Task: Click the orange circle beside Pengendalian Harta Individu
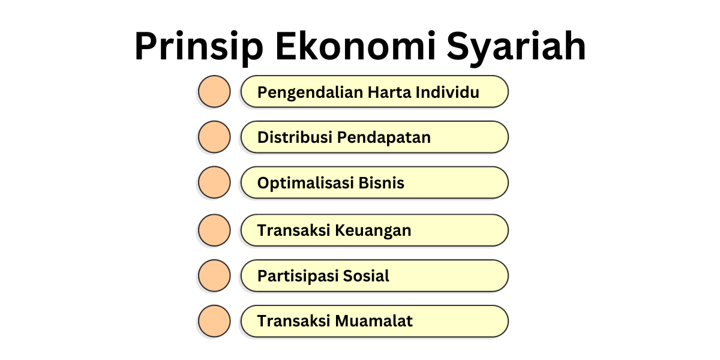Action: [x=214, y=91]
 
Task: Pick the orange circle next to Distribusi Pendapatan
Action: [x=214, y=137]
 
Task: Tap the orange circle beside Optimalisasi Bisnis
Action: [x=214, y=182]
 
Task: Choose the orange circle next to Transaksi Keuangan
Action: [x=214, y=230]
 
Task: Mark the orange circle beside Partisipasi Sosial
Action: [x=214, y=275]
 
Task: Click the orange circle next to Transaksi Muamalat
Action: [x=214, y=321]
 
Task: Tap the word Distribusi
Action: [x=295, y=137]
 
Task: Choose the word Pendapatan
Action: [x=384, y=137]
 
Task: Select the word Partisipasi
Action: [x=298, y=276]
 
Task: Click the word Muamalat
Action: [x=374, y=321]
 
